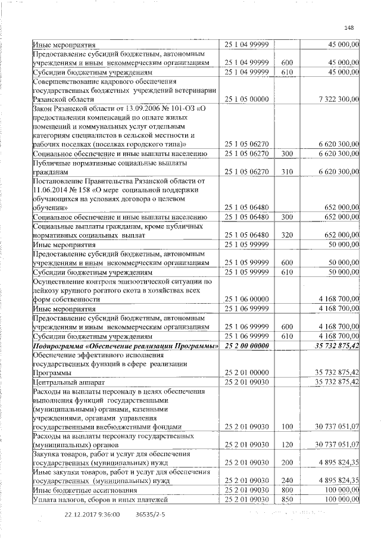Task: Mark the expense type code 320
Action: point(287,235)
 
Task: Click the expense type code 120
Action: point(287,444)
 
